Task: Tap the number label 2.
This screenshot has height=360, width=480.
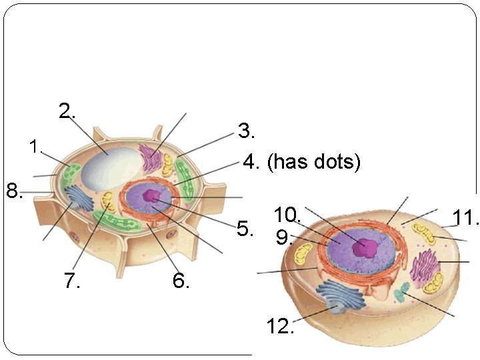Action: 66,111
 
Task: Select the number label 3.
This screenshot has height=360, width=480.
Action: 247,131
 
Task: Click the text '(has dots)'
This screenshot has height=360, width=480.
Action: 313,162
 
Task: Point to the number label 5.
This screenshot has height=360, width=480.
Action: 245,229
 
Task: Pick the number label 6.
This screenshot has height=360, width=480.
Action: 181,281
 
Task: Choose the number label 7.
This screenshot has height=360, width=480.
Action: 72,281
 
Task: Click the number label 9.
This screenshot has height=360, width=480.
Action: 285,237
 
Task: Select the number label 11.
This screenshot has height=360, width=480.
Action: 466,218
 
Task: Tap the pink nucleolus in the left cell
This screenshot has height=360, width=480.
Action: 152,196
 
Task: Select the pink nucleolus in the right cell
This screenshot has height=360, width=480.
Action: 365,247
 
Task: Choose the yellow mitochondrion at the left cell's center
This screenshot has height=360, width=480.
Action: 107,201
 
